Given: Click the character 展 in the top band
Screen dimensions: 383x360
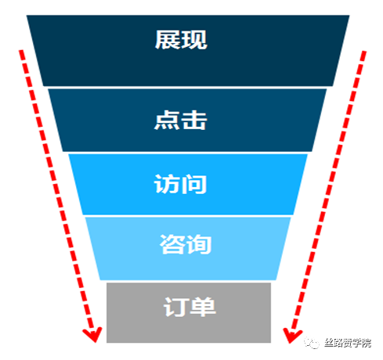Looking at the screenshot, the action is [x=168, y=39].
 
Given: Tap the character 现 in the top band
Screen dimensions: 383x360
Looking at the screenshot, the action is [x=194, y=39].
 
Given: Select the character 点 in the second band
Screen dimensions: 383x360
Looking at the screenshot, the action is [x=167, y=120].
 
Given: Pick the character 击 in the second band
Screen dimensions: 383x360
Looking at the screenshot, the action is [x=194, y=120].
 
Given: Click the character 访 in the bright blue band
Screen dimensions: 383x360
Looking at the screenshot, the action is [x=167, y=184].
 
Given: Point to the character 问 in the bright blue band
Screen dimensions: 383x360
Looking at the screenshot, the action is [x=194, y=184].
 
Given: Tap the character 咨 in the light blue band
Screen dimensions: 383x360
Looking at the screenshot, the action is [x=172, y=244].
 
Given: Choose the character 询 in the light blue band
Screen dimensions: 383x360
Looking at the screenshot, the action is [x=199, y=244].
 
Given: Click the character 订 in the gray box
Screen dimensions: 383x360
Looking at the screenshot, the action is [x=176, y=307].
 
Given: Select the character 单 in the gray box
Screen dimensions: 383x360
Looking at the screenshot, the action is [x=203, y=307].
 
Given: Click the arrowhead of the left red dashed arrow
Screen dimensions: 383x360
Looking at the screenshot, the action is [x=93, y=335].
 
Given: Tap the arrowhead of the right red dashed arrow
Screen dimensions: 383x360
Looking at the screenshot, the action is [x=291, y=336].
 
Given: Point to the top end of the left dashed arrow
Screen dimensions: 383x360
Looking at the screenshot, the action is [x=21, y=51].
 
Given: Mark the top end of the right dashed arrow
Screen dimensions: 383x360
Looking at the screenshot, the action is [x=364, y=52].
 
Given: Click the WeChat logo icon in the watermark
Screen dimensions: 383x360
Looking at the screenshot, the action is [x=312, y=342].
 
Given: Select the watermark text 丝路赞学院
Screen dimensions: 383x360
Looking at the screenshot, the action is [x=348, y=343].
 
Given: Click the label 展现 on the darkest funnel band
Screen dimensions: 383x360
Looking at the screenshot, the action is [x=181, y=39].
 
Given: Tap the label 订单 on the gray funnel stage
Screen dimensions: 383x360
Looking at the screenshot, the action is [x=190, y=307].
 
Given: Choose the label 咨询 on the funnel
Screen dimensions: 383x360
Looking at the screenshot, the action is [x=186, y=244].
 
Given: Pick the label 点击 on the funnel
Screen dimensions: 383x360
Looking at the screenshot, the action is [x=180, y=120].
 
